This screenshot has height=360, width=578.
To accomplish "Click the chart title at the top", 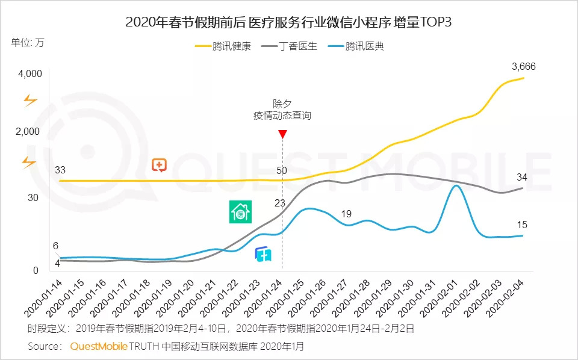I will point(288,23).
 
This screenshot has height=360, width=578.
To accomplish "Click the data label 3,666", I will point(523,67).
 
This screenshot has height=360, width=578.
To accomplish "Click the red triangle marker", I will point(282,134).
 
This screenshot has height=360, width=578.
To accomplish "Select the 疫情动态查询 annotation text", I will point(282,116).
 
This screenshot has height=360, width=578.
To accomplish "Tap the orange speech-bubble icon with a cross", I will point(159,165).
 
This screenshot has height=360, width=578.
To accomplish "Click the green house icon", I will point(240,213).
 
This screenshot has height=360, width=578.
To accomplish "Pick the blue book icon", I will point(263,254).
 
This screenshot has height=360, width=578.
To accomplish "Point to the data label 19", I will point(346,214).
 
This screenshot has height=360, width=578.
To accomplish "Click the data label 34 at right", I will point(522,178).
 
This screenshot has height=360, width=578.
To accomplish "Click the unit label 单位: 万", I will point(28,43).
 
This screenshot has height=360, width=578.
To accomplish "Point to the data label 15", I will point(522,225).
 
